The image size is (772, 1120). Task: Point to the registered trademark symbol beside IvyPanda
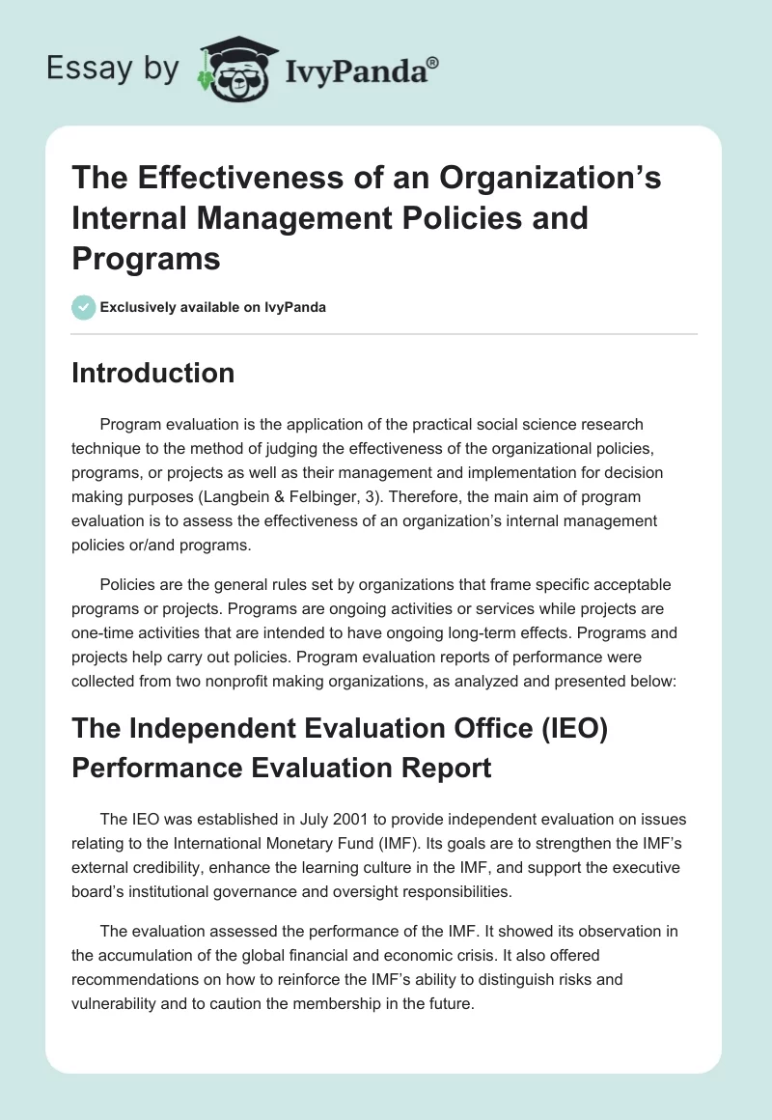pos(433,62)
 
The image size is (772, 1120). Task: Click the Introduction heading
pos(152,373)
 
